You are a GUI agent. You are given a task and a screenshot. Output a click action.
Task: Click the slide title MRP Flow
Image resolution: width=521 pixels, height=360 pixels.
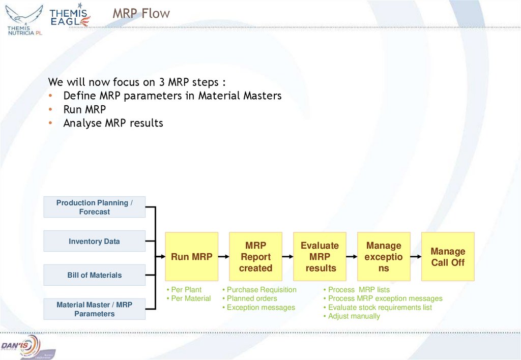141,14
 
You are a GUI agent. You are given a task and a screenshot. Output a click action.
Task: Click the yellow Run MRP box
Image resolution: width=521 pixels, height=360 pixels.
192,257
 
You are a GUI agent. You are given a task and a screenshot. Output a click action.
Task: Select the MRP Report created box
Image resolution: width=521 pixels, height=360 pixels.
255,257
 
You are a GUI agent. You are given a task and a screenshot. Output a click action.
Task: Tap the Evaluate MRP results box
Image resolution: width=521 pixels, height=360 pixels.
320,257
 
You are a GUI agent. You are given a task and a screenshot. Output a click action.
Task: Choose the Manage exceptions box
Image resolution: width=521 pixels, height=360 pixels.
384,257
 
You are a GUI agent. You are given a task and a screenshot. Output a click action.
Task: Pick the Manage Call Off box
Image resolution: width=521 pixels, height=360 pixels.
448,257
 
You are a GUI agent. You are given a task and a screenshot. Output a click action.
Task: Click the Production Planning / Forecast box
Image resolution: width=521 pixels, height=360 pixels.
94,207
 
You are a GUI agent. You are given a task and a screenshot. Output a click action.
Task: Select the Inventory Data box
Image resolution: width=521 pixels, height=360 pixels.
94,241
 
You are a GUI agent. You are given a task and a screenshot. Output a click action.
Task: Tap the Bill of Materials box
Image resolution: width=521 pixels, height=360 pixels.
94,275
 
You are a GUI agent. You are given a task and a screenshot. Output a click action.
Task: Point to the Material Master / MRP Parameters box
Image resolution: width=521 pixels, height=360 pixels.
94,309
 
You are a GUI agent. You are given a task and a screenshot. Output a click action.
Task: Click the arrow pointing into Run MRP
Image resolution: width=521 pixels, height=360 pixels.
160,257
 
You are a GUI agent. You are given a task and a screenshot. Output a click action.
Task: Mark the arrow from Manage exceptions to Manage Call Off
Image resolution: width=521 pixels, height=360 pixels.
416,257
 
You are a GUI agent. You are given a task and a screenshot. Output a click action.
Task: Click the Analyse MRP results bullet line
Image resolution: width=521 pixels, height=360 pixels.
113,123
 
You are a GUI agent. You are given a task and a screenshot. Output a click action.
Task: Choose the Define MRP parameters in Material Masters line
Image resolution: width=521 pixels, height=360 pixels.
172,96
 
